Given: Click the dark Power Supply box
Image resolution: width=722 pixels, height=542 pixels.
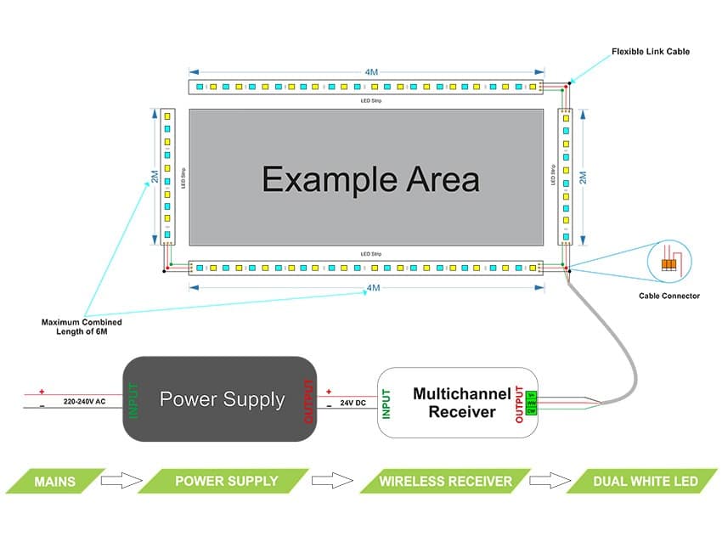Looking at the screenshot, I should point(221,399).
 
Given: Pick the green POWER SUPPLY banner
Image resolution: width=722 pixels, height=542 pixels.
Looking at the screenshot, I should point(225,482).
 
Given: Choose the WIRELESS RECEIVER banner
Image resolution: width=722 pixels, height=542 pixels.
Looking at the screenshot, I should point(446,482).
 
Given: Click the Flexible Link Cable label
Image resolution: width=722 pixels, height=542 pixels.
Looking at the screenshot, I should point(651,52).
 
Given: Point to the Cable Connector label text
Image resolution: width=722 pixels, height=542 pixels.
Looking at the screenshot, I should point(669,296).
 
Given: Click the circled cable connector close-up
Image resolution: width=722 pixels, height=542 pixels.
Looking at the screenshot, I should point(669,262).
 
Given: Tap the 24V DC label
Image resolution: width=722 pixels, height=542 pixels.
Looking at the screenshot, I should point(353,402).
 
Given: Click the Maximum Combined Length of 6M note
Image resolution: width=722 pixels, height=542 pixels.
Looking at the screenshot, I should point(82,327).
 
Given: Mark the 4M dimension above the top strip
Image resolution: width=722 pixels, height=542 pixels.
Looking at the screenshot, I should point(371,72).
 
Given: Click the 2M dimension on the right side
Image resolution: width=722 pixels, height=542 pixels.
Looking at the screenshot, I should point(583,177).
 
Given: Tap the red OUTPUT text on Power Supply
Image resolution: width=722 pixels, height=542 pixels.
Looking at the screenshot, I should point(308,400).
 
